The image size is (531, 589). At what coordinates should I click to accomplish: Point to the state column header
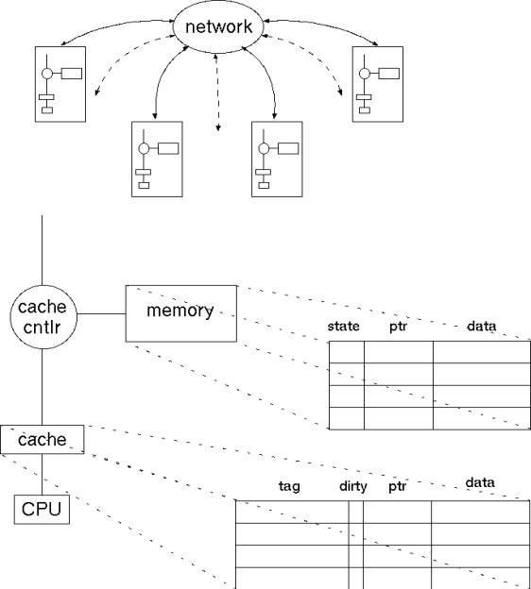[343, 326]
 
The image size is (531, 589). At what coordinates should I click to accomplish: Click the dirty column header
[353, 486]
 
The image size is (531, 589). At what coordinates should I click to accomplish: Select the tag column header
[289, 486]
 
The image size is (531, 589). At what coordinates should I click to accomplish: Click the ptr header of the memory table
[398, 327]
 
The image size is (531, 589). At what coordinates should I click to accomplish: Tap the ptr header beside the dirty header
[398, 486]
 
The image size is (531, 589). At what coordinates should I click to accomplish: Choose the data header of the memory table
[481, 326]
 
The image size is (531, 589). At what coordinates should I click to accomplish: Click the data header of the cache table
[480, 482]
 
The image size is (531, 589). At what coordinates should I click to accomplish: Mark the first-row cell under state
[347, 352]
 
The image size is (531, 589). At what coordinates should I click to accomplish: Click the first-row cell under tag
[292, 512]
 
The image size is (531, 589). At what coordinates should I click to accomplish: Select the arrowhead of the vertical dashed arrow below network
[217, 128]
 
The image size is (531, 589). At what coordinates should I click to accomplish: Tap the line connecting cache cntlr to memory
[101, 313]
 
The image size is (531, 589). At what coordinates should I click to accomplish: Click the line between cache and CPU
[42, 475]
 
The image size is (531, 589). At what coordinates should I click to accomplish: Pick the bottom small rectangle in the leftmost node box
[47, 110]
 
